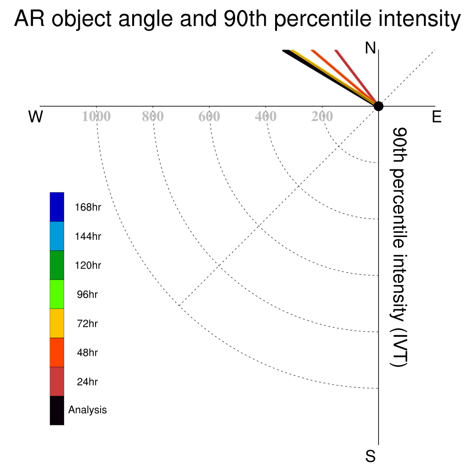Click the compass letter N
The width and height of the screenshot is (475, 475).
[370, 48]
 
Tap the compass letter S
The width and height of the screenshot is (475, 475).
[371, 456]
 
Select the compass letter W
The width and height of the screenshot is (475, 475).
[36, 116]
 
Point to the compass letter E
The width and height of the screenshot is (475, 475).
[436, 116]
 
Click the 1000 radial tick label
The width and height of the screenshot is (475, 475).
[96, 116]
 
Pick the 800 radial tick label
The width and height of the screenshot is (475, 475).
[153, 116]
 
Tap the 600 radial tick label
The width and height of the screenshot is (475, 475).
[209, 116]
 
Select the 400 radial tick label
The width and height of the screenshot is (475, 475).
[265, 116]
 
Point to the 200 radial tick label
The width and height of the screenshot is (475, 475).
[322, 116]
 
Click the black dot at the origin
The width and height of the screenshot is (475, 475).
[379, 106]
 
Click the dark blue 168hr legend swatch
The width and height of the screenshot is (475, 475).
[57, 207]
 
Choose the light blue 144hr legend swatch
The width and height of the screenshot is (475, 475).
[57, 236]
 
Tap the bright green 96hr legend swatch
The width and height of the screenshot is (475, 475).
[57, 294]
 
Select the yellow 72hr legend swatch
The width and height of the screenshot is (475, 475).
[57, 323]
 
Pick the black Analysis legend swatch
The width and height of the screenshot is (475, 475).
[57, 411]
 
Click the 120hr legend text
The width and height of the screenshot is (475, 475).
[88, 265]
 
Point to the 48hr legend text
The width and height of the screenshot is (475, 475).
[87, 353]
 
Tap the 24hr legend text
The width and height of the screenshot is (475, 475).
[87, 382]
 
